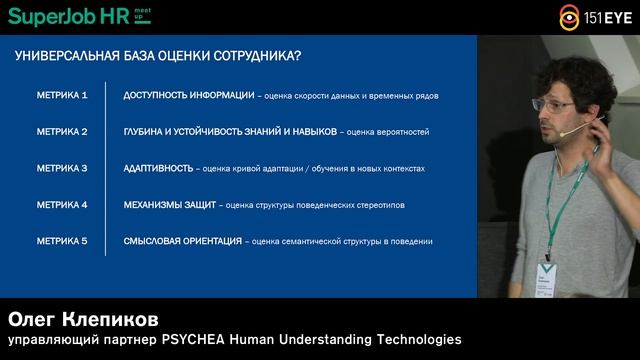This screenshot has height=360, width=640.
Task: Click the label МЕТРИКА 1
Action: pyautogui.click(x=62, y=95)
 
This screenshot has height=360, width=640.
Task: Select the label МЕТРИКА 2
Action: pyautogui.click(x=62, y=132)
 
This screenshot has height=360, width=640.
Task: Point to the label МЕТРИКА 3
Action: pyautogui.click(x=62, y=168)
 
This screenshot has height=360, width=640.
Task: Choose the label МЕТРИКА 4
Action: pyautogui.click(x=62, y=205)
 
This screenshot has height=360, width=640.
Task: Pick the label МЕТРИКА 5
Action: pyautogui.click(x=62, y=241)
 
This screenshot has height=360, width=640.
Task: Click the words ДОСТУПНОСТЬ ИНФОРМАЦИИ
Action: pyautogui.click(x=188, y=95)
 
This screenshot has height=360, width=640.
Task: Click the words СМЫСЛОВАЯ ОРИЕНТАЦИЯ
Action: pyautogui.click(x=182, y=241)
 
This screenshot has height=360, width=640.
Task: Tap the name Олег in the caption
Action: pyautogui.click(x=38, y=319)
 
